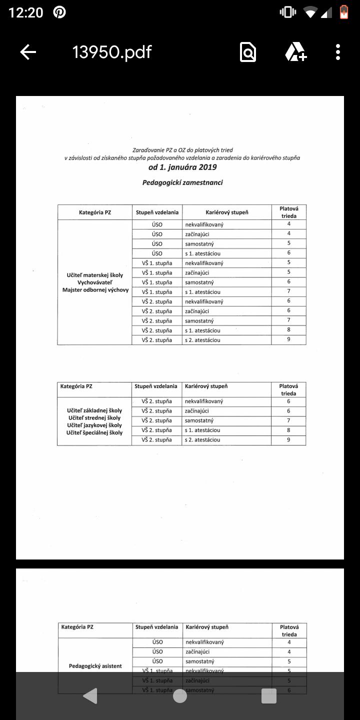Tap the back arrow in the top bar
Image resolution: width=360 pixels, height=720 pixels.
coord(28,52)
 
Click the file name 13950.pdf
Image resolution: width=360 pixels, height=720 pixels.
coord(112,52)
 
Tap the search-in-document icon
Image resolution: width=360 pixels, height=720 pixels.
coord(248,52)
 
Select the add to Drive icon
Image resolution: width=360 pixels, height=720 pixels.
coord(295,52)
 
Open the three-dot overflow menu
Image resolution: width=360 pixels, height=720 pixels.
coord(338,52)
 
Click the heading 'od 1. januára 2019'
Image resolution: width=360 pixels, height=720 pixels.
coord(182,167)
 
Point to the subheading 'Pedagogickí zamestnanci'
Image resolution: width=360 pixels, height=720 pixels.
coord(182,182)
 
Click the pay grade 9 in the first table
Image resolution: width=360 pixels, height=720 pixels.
coord(289,339)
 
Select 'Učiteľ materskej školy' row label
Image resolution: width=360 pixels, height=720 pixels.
coord(95,275)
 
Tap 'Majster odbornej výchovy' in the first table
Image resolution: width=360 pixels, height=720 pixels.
coord(95,290)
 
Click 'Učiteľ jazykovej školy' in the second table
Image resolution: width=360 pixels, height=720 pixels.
coord(94,425)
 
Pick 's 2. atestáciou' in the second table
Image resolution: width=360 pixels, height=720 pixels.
coord(202,440)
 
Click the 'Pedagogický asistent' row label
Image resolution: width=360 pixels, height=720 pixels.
coord(95,666)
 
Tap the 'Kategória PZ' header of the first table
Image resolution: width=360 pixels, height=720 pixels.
coord(95,212)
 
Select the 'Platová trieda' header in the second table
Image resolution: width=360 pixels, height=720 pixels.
coord(288,389)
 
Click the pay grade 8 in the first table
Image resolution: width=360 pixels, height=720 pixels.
coord(289,330)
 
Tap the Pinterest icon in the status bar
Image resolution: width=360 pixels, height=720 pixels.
coord(59,12)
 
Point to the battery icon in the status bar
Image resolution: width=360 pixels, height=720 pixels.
coord(343,12)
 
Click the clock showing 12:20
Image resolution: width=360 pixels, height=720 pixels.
coord(26,12)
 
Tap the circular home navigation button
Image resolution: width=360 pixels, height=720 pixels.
coord(180,695)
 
